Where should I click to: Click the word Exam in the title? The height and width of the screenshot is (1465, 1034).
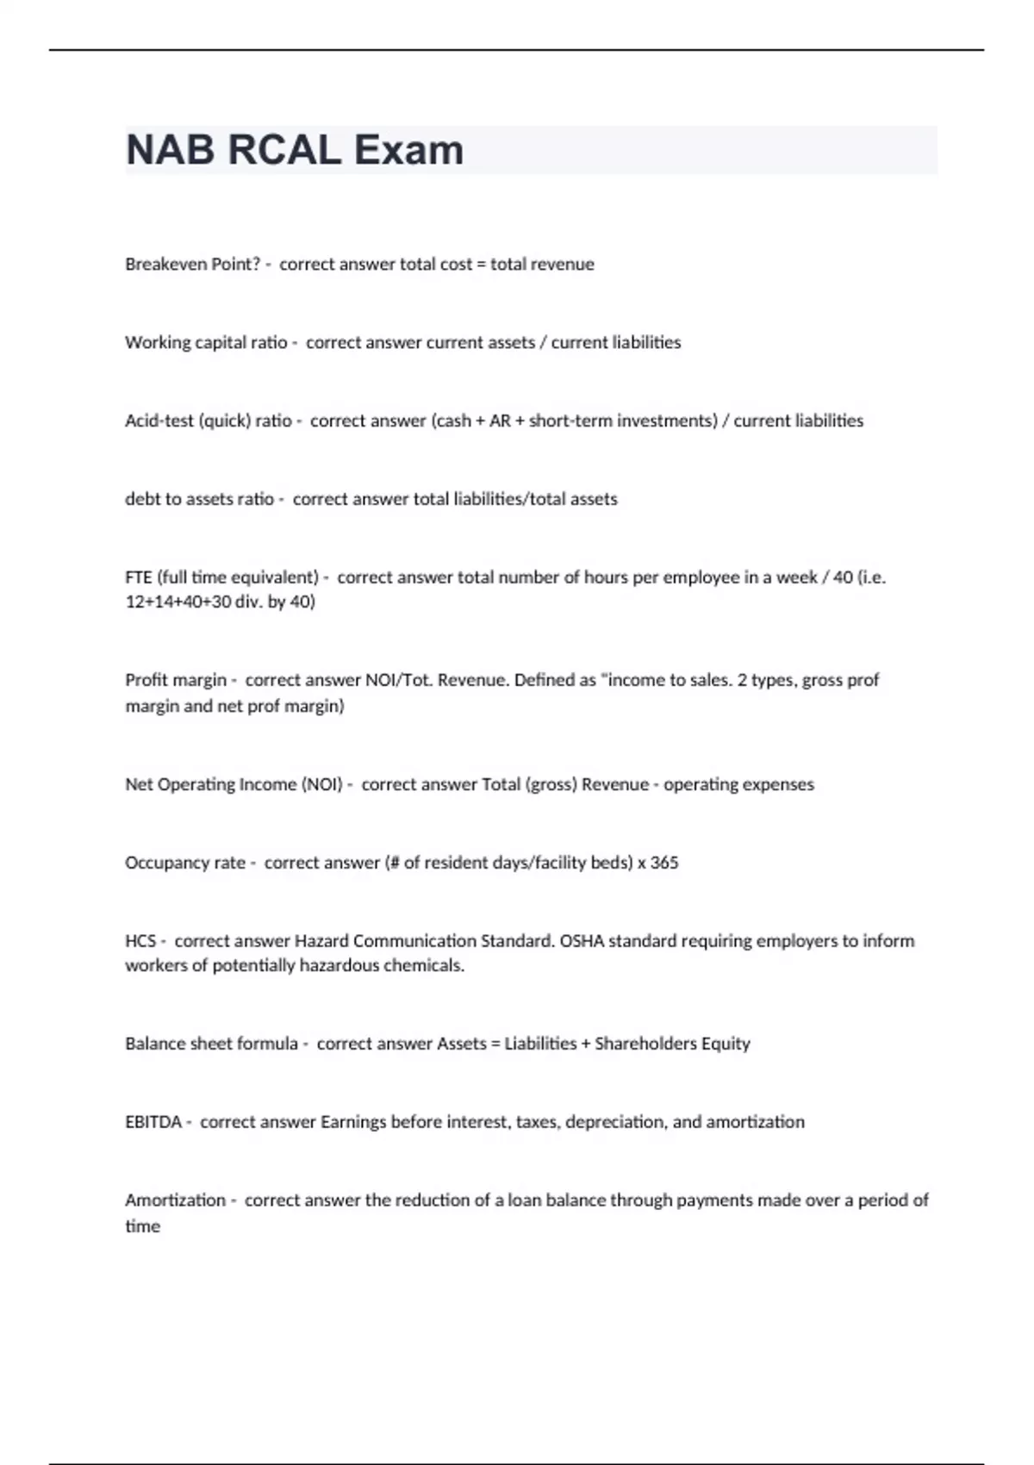[x=408, y=150]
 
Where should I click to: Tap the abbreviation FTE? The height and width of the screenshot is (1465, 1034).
[x=139, y=577]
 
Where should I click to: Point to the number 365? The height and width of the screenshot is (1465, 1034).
[x=664, y=863]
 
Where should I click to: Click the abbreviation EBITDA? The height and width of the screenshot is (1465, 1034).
[x=153, y=1122]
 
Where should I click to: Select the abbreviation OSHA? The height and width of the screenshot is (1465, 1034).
[x=582, y=941]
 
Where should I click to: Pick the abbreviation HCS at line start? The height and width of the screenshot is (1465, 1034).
[x=140, y=941]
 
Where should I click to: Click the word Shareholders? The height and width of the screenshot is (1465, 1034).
[x=645, y=1044]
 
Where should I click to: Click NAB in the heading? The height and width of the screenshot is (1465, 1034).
[x=170, y=150]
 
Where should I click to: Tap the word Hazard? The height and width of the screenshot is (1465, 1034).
[x=321, y=941]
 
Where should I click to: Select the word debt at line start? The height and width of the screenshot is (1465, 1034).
[x=141, y=499]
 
